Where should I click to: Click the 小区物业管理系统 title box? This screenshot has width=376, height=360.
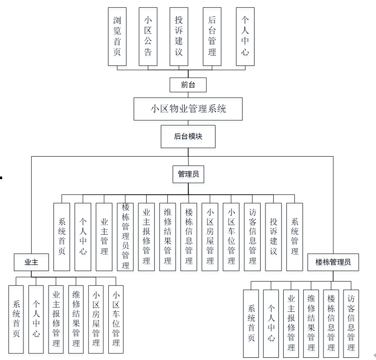click(x=188, y=108)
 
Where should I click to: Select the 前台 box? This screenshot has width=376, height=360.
click(x=188, y=85)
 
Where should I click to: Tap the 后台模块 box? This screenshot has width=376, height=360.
click(x=188, y=136)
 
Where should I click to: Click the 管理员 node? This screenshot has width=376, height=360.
click(x=188, y=174)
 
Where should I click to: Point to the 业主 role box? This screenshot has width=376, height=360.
click(x=31, y=262)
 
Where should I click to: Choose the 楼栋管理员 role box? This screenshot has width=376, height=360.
click(x=333, y=262)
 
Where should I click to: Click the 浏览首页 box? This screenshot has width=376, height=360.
click(x=117, y=36)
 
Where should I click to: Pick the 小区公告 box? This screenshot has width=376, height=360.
click(x=148, y=36)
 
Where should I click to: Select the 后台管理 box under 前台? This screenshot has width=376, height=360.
click(x=212, y=36)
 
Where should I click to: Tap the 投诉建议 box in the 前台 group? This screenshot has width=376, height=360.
click(x=179, y=36)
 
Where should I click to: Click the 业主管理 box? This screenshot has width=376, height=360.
click(x=104, y=237)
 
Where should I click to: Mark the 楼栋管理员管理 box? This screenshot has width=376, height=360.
click(x=125, y=237)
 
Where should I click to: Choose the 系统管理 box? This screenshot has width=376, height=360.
click(x=294, y=237)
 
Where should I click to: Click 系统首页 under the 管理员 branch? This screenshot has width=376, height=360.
click(x=62, y=237)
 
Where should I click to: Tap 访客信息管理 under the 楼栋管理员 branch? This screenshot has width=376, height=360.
click(x=351, y=323)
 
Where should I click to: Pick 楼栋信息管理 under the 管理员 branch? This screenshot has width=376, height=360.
click(x=189, y=237)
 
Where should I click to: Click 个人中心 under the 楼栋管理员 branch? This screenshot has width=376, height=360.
click(x=271, y=323)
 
